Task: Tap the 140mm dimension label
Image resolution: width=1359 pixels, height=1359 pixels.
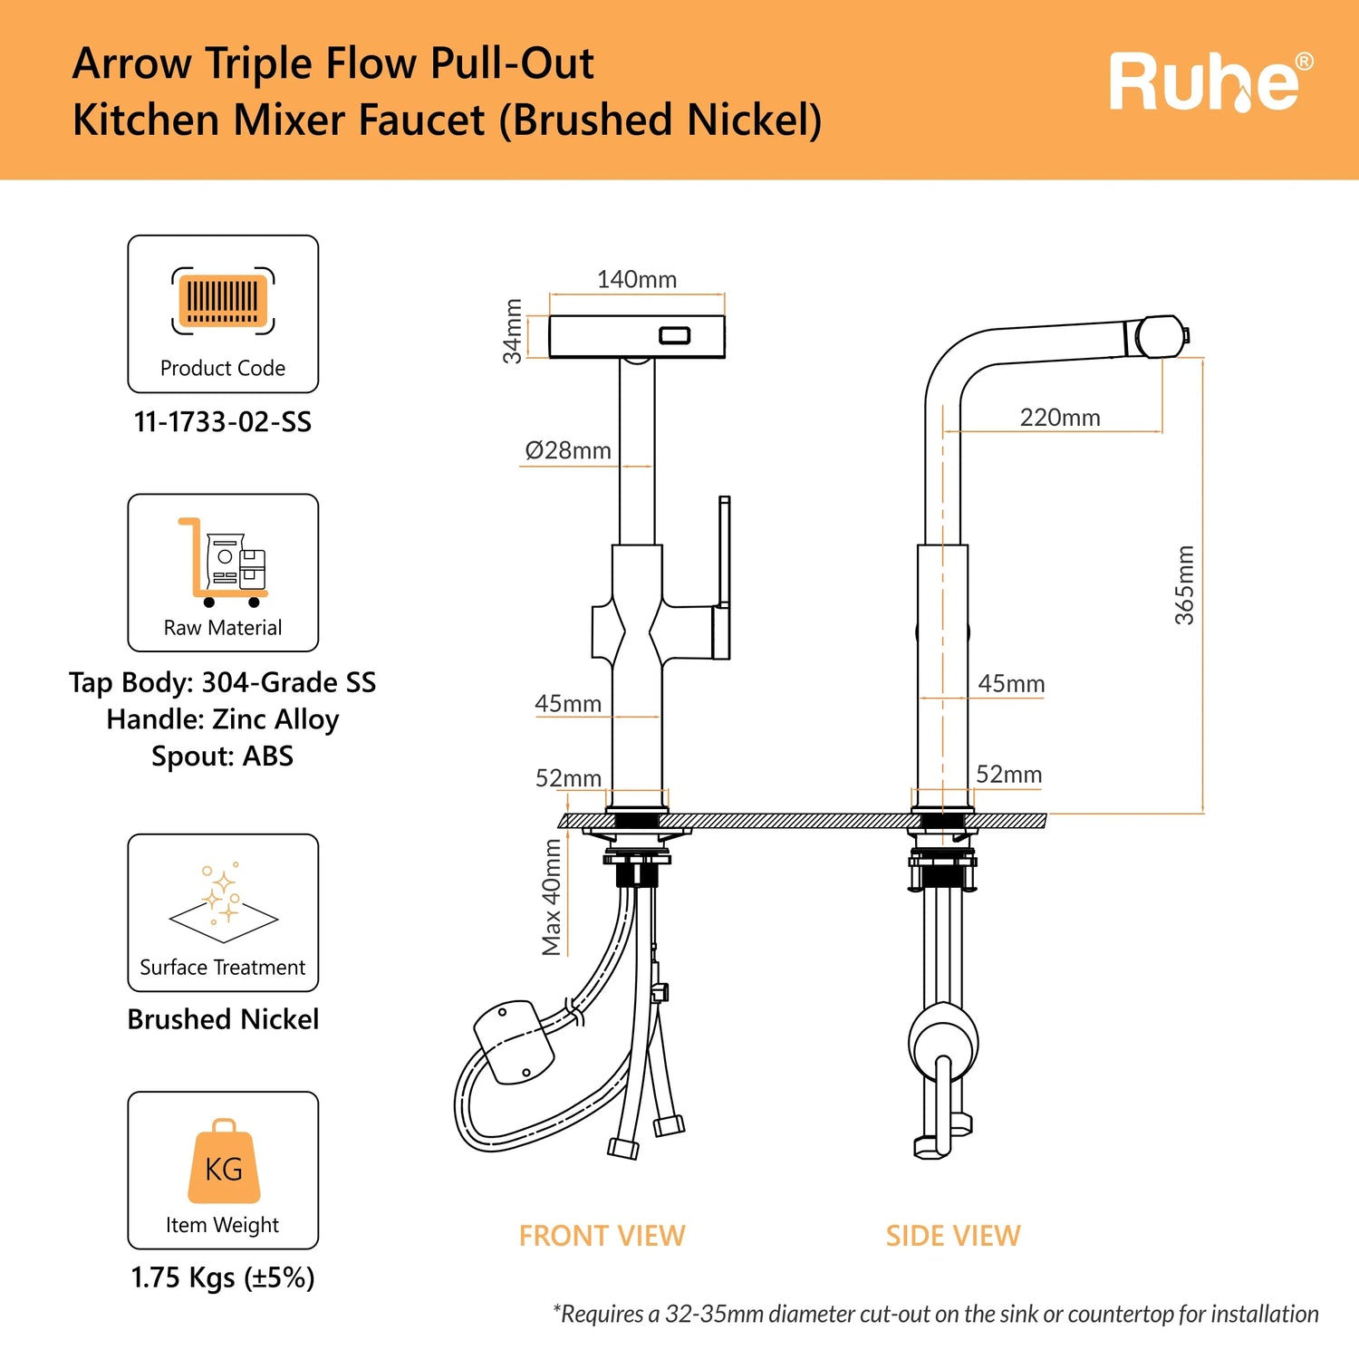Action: (x=637, y=279)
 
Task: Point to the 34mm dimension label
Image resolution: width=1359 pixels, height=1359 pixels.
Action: (x=513, y=332)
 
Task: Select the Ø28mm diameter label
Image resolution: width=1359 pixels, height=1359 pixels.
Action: (x=568, y=450)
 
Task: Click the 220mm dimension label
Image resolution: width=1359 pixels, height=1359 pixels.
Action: (x=1060, y=418)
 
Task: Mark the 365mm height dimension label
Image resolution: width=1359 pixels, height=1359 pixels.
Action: (x=1184, y=585)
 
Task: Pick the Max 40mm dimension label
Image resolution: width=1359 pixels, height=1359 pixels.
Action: (x=551, y=897)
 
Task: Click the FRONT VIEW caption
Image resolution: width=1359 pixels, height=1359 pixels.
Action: (x=602, y=1236)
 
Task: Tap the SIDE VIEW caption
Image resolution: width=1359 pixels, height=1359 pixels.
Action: (x=953, y=1236)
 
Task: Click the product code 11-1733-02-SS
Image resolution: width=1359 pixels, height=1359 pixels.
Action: (x=223, y=422)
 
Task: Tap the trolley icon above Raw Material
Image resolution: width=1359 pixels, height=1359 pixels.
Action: (x=223, y=562)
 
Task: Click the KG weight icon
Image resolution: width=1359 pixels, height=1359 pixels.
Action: (x=224, y=1161)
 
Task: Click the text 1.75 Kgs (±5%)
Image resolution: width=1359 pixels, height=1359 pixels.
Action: (x=223, y=1277)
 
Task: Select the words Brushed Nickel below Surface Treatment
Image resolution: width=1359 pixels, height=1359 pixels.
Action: (x=223, y=1019)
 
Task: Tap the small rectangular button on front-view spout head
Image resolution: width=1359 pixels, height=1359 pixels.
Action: (x=675, y=335)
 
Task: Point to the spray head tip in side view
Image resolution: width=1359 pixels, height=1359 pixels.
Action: (x=1186, y=335)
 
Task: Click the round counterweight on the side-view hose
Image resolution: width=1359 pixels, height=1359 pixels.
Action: (x=943, y=1041)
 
